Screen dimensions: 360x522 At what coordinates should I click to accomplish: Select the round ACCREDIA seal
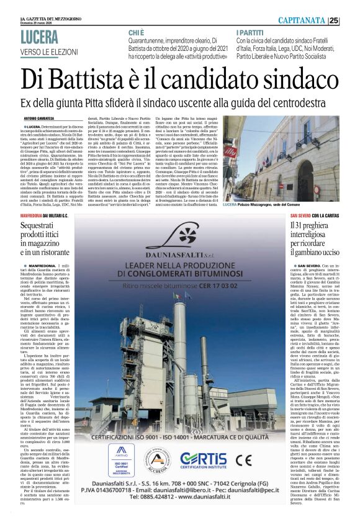click(x=155, y=461)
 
